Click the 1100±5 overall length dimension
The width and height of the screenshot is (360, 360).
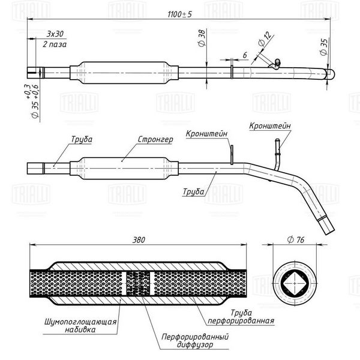click(x=179, y=14)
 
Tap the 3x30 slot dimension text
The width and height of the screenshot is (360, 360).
click(x=55, y=34)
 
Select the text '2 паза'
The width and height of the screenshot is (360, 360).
click(x=55, y=44)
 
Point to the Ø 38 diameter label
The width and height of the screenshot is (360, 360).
click(x=202, y=38)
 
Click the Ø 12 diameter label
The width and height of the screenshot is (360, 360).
click(x=265, y=39)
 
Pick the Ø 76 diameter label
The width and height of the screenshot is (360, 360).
click(x=296, y=239)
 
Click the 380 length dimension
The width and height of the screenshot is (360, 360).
click(x=139, y=240)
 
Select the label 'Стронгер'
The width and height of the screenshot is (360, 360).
click(x=155, y=139)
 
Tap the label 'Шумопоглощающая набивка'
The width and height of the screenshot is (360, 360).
click(x=80, y=326)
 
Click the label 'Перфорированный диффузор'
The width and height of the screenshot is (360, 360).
click(x=195, y=341)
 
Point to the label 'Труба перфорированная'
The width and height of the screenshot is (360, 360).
click(x=241, y=317)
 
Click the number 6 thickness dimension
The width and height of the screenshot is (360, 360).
click(x=245, y=55)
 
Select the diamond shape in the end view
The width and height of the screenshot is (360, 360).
click(x=295, y=283)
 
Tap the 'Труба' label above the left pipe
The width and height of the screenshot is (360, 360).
click(x=82, y=139)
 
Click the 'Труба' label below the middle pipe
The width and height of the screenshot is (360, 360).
click(x=193, y=191)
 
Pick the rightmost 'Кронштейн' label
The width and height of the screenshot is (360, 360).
click(x=270, y=126)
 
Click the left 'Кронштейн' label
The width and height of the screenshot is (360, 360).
click(x=206, y=134)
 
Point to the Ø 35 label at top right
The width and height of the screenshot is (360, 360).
click(x=324, y=47)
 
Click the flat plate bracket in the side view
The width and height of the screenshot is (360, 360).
click(x=232, y=155)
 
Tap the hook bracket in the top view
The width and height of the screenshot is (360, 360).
click(x=275, y=65)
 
